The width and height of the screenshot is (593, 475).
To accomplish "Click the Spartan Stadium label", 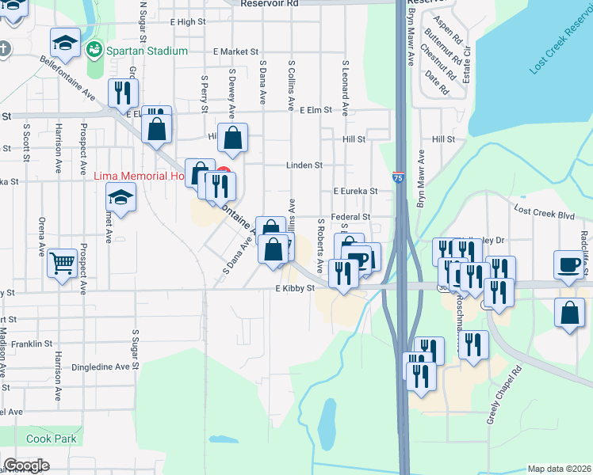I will (x=148, y=51).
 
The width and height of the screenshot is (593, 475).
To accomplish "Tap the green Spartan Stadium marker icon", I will (x=94, y=50).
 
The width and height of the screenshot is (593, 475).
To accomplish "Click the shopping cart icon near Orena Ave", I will (x=63, y=261).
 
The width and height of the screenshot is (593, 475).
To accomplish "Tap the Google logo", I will (x=26, y=465).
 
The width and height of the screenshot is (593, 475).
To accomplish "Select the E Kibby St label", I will (x=296, y=289).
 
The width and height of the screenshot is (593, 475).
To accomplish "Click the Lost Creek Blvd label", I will (x=543, y=212).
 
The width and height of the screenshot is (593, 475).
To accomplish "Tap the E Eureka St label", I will (x=354, y=191).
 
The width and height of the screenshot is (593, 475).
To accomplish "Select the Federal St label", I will (x=350, y=216).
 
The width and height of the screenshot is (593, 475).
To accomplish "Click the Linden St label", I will (x=304, y=165).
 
